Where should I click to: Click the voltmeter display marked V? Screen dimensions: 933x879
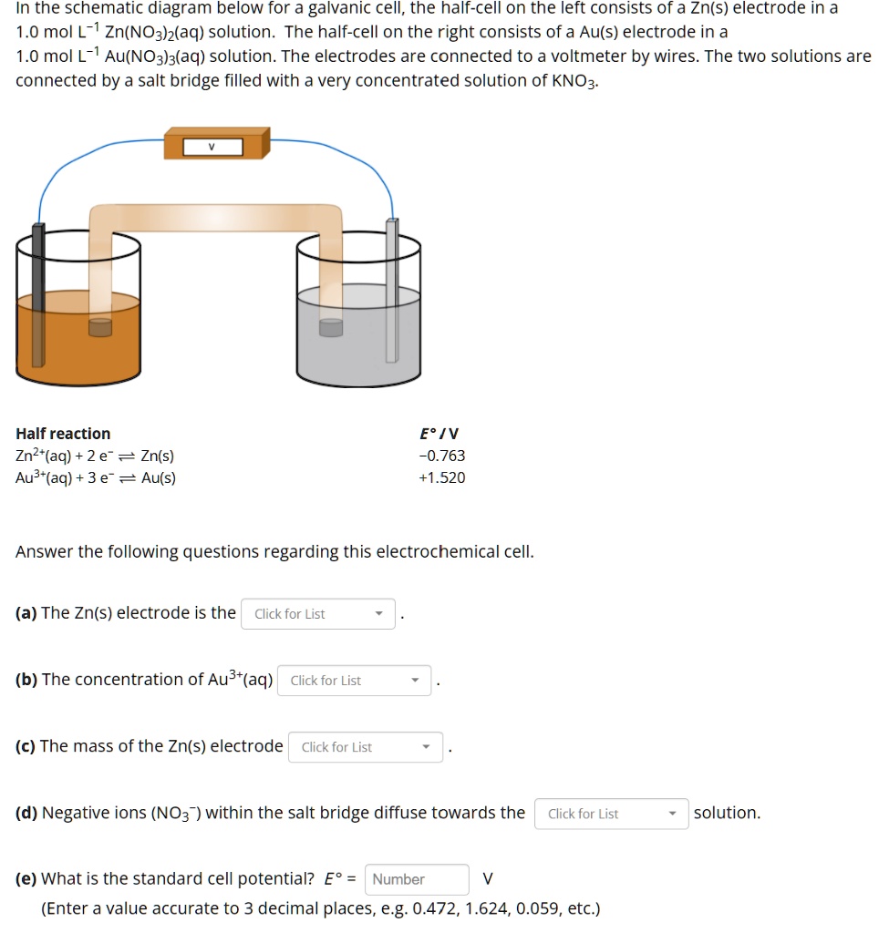212,146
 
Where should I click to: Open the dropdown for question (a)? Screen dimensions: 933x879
317,614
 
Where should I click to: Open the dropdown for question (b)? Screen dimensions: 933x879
354,681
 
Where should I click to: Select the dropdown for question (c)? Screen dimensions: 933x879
365,747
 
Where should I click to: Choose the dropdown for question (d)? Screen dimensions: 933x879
611,814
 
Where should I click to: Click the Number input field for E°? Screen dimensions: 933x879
417,879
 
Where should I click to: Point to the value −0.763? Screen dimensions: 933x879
441,456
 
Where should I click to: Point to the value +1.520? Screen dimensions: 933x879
441,477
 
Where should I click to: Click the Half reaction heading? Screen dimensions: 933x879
63,434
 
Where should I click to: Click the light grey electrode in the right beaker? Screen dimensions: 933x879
392,292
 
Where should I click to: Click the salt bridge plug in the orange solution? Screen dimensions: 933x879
99,327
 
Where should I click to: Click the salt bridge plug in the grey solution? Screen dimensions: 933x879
331,327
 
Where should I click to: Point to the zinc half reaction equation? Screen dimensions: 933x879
95,456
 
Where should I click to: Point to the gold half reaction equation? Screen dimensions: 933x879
96,477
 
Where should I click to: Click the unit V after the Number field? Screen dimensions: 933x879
487,879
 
